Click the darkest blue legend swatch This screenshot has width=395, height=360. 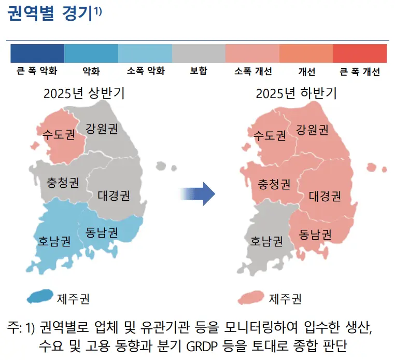click(37, 53)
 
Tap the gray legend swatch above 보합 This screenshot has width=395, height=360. click(199, 53)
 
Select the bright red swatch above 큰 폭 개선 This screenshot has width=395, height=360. click(360, 53)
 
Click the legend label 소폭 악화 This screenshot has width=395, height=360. click(146, 71)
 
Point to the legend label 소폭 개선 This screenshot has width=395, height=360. click(253, 71)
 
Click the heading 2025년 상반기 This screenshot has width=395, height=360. click(84, 93)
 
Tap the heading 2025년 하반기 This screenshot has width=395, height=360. click(297, 93)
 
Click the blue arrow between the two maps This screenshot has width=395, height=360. click(198, 194)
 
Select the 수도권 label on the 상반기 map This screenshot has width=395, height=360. click(59, 134)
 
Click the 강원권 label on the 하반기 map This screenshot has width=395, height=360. click(312, 130)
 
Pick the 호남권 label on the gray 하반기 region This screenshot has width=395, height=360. click(266, 241)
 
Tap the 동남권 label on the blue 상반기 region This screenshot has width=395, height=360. click(102, 232)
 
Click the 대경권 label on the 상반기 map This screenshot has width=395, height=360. click(114, 196)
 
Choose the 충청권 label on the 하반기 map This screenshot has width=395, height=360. click(274, 184)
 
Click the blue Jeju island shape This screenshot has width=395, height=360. click(40, 296)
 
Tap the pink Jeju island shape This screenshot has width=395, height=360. click(251, 297)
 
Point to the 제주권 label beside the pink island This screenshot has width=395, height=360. click(285, 299)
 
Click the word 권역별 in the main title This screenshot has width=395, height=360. click(31, 13)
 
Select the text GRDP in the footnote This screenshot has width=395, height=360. click(202, 346)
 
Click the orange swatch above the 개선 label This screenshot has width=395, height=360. click(306, 53)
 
